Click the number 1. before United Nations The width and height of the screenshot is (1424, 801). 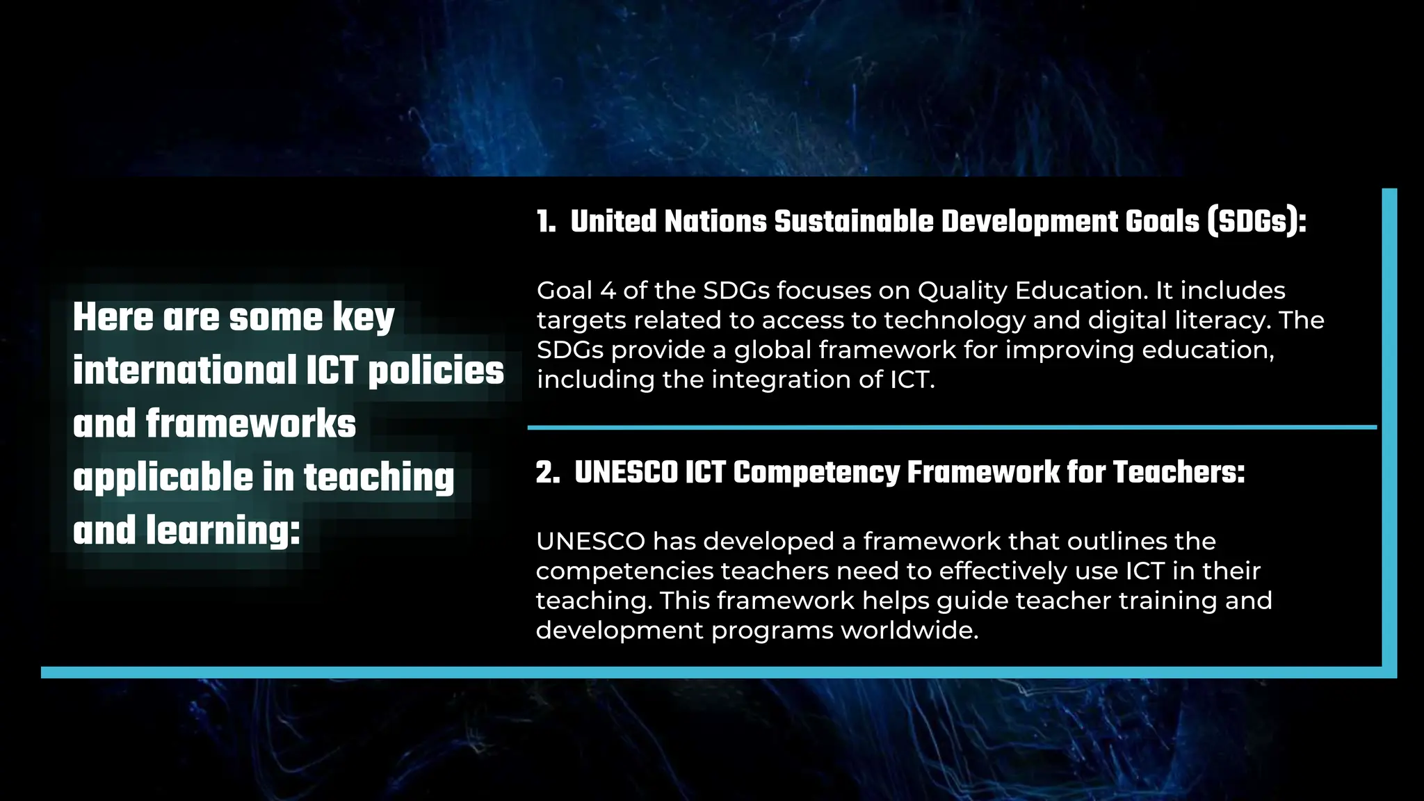tap(546, 222)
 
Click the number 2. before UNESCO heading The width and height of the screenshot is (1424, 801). tap(547, 473)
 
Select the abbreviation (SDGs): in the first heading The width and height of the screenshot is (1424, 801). tap(1257, 222)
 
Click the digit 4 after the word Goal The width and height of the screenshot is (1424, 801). tap(608, 291)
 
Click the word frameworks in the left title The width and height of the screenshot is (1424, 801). tap(250, 424)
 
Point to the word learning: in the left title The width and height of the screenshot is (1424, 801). tap(223, 531)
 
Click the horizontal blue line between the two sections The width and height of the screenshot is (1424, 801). tap(952, 427)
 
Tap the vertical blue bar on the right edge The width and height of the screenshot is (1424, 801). tap(1389, 431)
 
